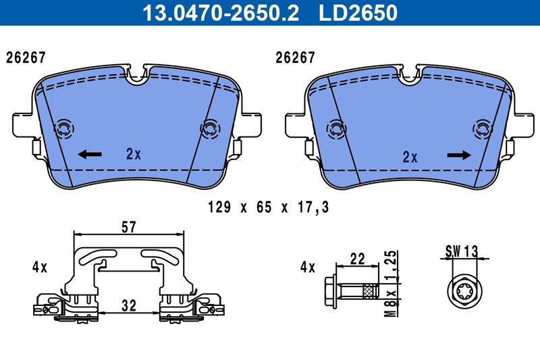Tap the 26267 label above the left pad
click(26, 58)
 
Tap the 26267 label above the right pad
click(295, 58)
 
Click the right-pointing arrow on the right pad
click(459, 155)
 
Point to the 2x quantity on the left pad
click(134, 154)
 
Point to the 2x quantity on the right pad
click(410, 157)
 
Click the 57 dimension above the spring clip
click(129, 228)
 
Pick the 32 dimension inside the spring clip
click(129, 305)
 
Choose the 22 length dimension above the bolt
click(358, 258)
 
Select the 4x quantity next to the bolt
click(308, 267)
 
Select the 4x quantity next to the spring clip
click(39, 267)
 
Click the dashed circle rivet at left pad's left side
click(65, 128)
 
